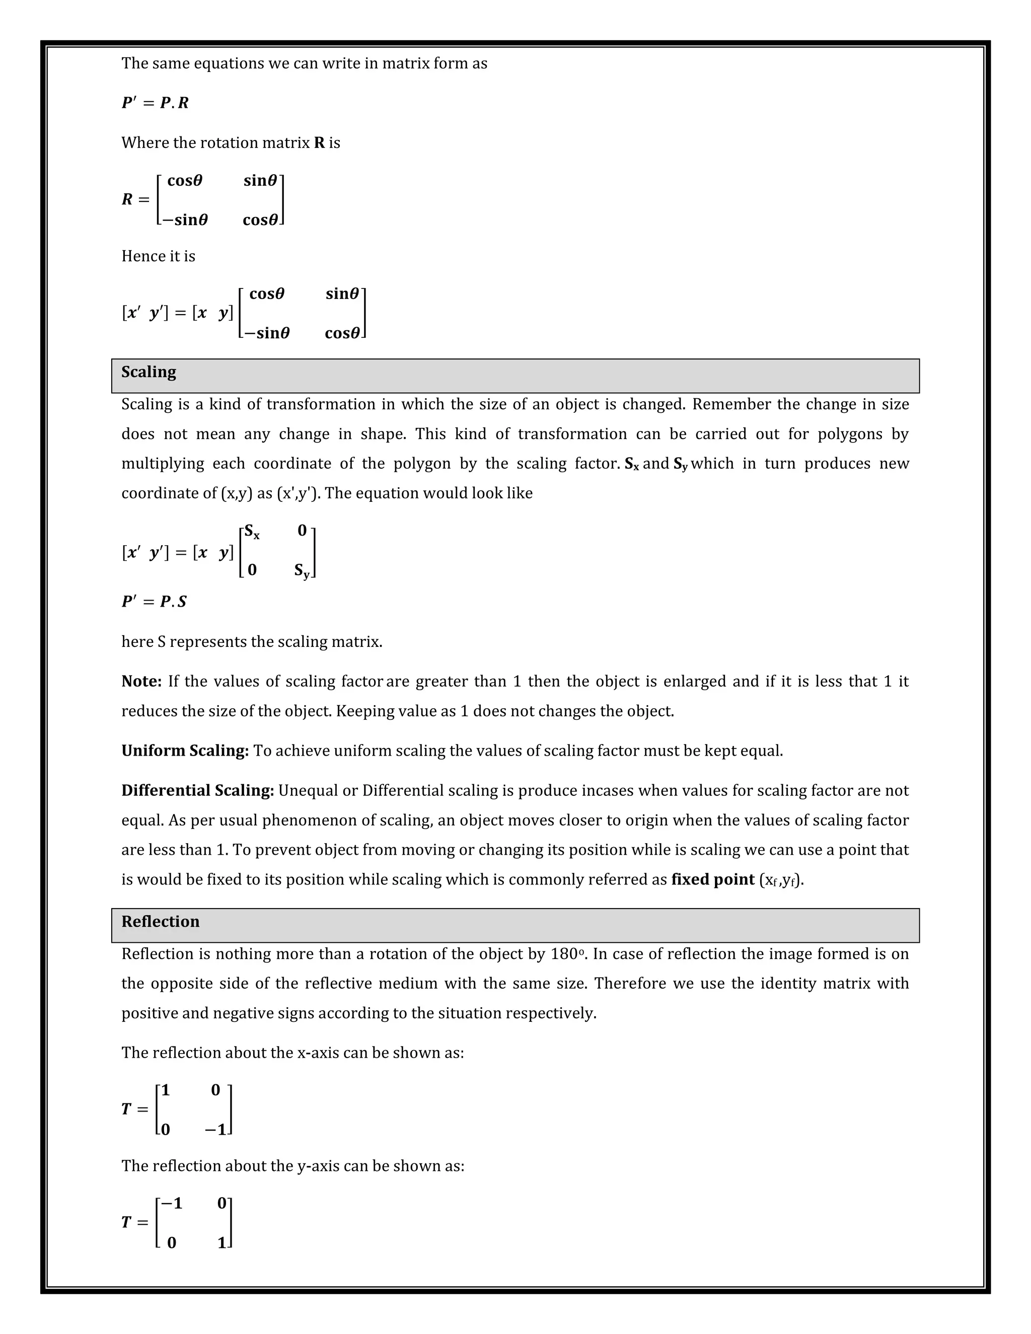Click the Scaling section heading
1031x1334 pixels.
(149, 372)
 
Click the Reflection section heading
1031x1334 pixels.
(160, 922)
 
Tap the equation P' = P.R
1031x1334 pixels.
(155, 103)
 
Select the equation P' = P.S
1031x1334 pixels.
(154, 602)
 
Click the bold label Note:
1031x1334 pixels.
(141, 681)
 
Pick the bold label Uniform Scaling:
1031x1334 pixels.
(184, 751)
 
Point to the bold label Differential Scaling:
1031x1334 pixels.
(197, 790)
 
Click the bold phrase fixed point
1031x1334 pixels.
(713, 879)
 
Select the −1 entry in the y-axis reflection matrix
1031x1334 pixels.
(171, 1203)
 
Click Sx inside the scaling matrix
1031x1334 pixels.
(252, 532)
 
